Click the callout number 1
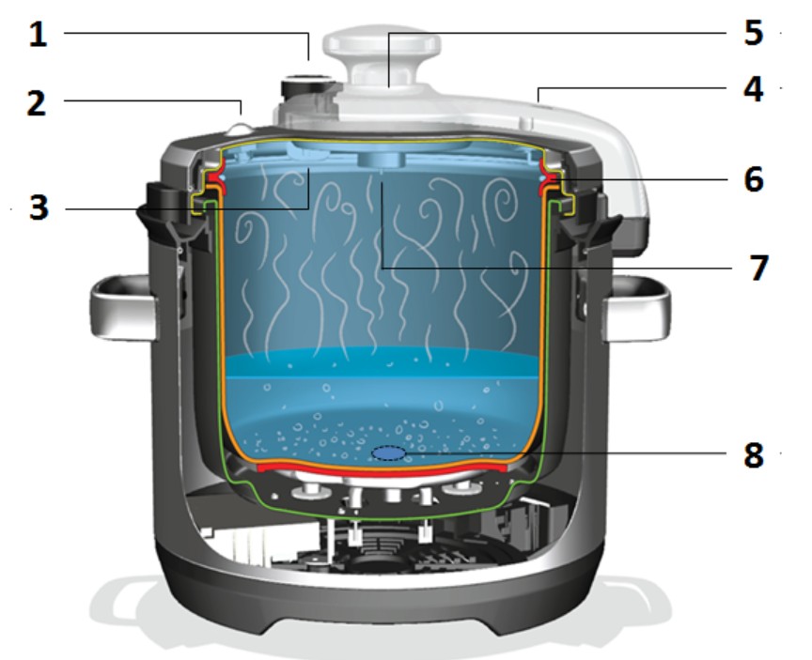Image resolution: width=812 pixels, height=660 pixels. point(38,35)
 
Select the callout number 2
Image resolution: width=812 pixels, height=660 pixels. point(37,103)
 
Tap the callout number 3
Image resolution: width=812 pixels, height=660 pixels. point(39,207)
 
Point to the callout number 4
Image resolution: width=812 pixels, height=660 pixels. point(754,89)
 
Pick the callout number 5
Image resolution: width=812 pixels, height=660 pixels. point(754,33)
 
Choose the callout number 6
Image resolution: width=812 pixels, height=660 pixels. point(754,179)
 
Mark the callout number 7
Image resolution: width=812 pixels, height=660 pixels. point(758,268)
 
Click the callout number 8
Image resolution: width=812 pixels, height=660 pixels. point(754,455)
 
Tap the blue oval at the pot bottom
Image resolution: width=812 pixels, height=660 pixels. point(388,453)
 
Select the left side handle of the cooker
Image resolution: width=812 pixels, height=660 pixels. point(123,308)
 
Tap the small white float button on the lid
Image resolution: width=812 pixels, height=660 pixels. point(239,129)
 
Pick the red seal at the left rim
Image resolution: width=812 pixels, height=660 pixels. point(217,179)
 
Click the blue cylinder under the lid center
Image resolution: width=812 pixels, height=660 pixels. point(381,160)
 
